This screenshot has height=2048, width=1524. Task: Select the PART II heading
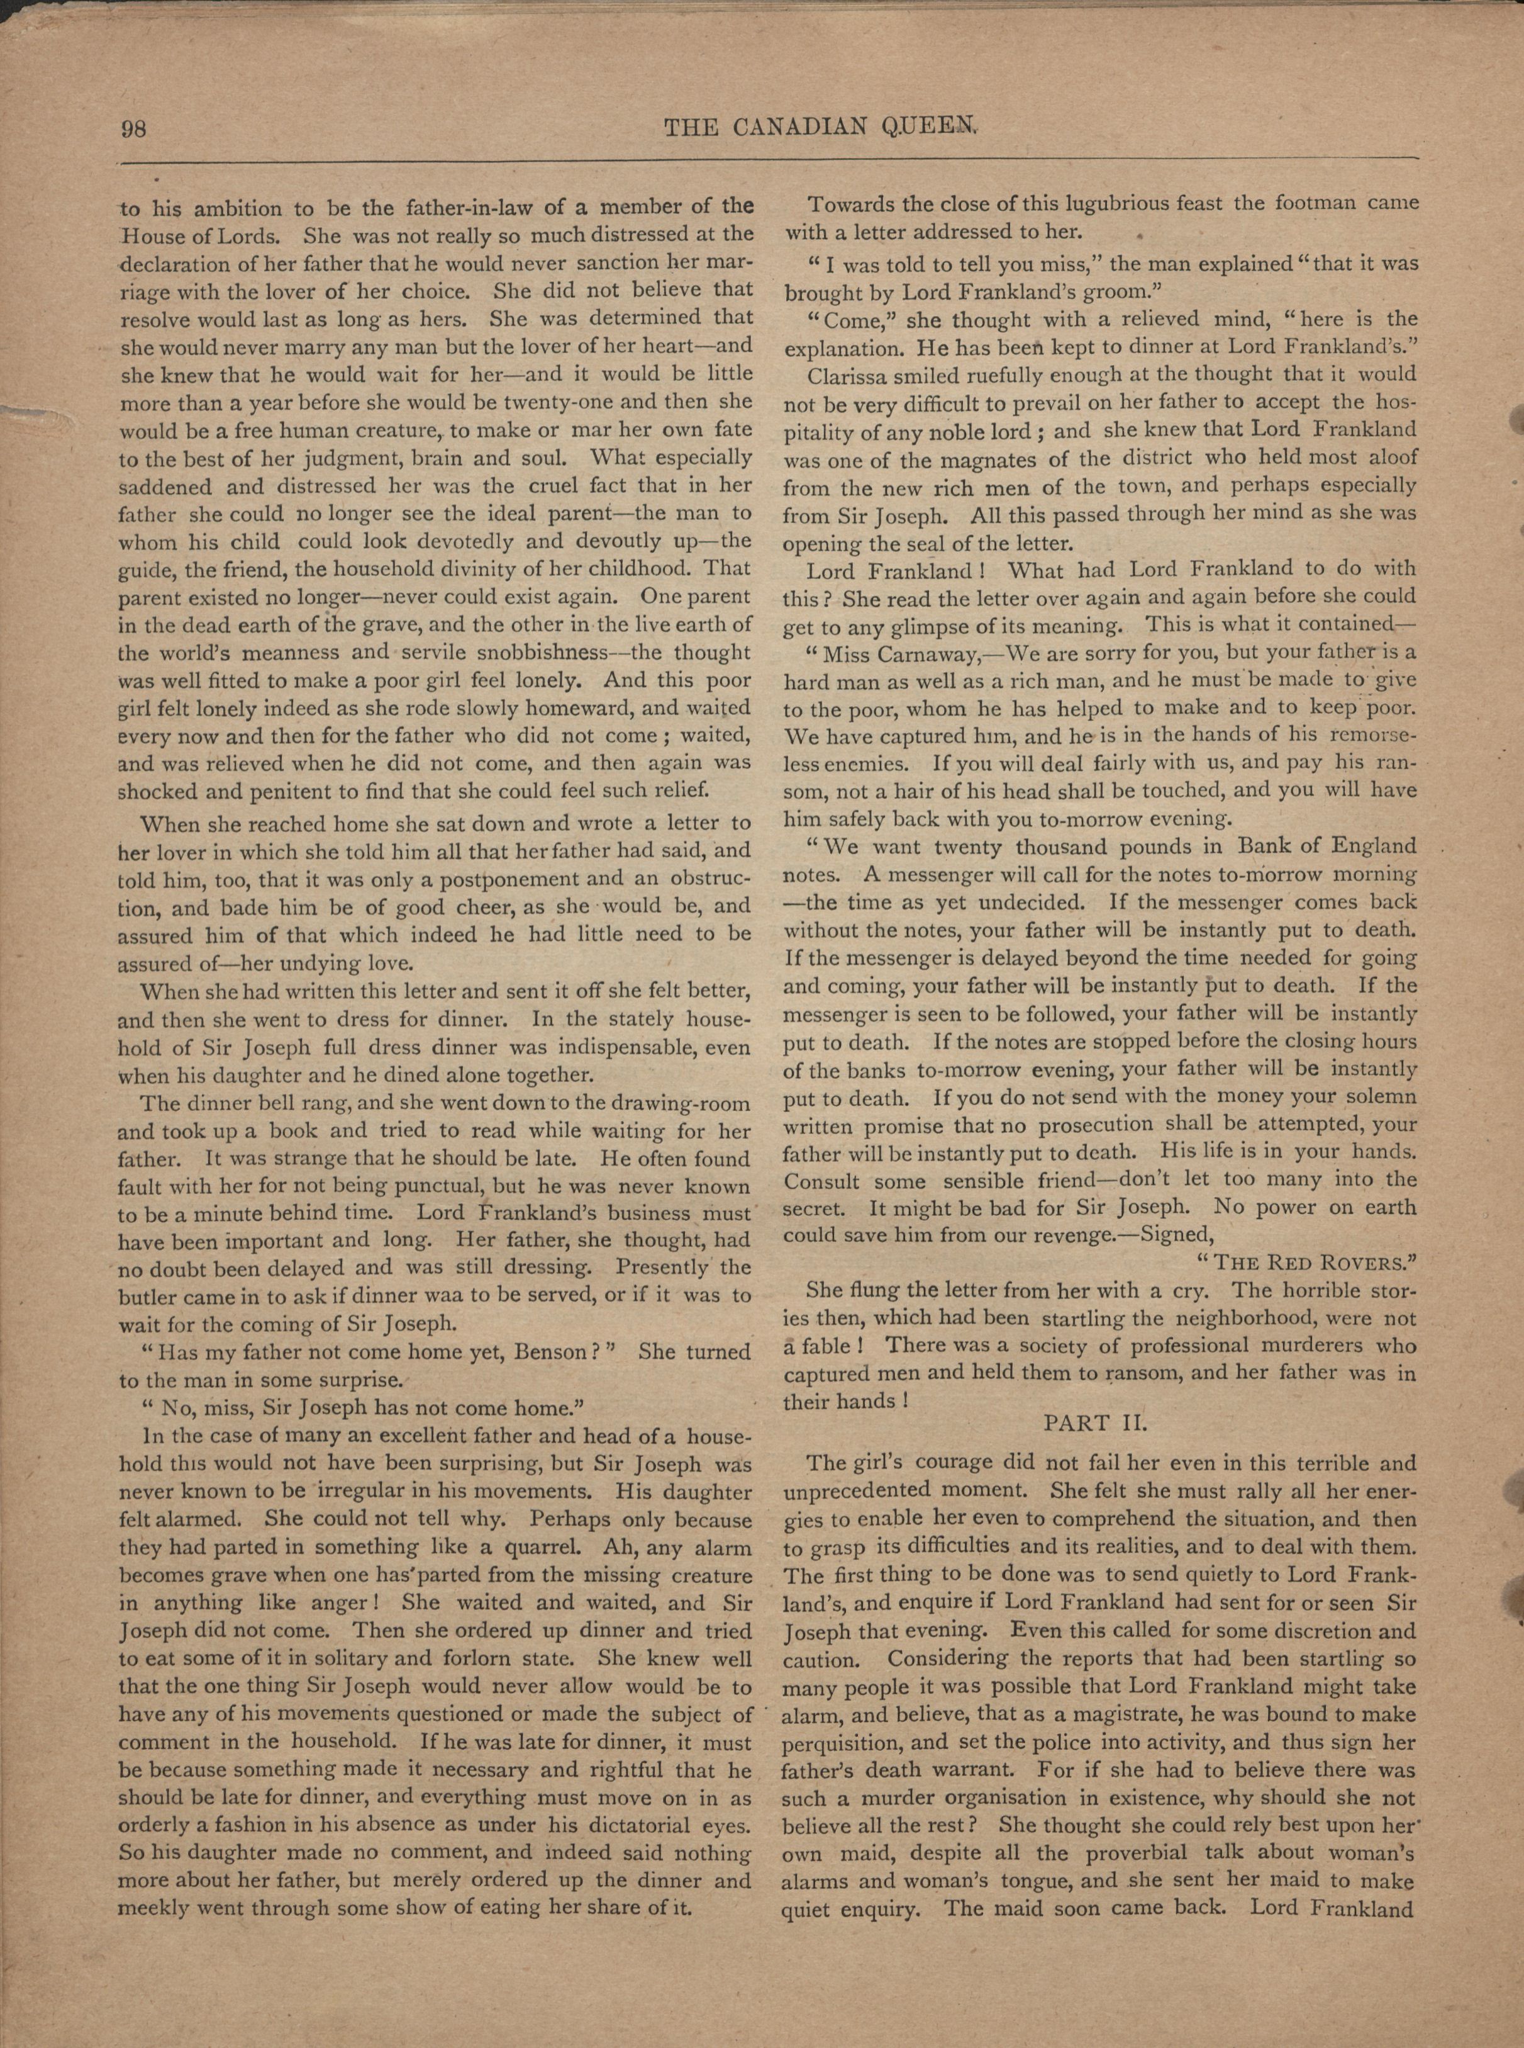click(x=1095, y=1422)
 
